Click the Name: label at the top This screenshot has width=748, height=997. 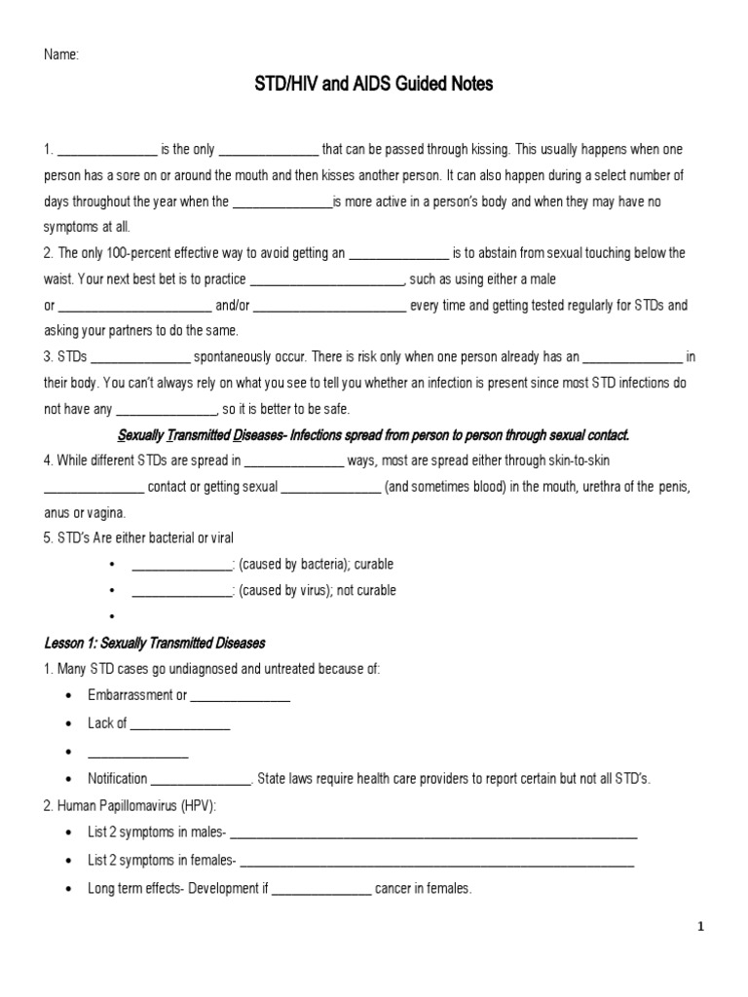pyautogui.click(x=60, y=55)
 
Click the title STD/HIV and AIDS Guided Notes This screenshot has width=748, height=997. pyautogui.click(x=374, y=85)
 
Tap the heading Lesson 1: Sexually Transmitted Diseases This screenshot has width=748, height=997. pyautogui.click(x=155, y=644)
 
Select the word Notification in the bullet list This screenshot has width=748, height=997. pyautogui.click(x=118, y=779)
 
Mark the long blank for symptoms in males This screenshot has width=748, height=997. pyautogui.click(x=433, y=833)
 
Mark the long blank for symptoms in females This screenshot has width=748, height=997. pyautogui.click(x=437, y=861)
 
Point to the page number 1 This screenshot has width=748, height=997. pyautogui.click(x=700, y=927)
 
